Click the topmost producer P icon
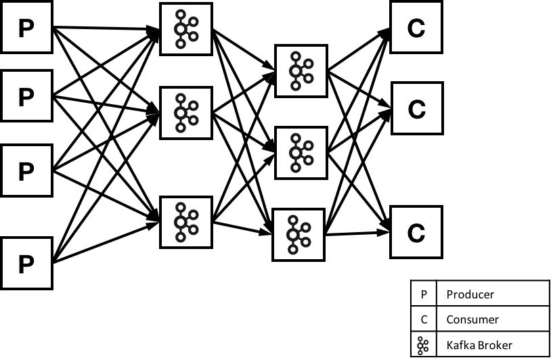coord(26,28)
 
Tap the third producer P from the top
coord(26,173)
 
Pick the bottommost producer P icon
coord(26,265)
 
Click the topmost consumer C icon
coord(416,28)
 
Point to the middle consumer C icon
coord(417,111)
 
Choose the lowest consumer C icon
coord(416,235)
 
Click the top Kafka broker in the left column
coord(186,30)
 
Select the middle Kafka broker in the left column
coord(186,113)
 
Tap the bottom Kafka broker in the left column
coord(186,222)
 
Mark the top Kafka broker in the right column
coord(301,71)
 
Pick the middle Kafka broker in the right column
coord(301,153)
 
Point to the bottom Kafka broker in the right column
coord(299,235)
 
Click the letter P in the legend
coord(424,294)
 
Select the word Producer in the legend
coord(470,294)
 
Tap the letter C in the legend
coord(424,319)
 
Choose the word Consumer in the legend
coord(472,319)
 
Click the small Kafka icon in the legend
coord(424,345)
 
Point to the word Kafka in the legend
coord(460,345)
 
